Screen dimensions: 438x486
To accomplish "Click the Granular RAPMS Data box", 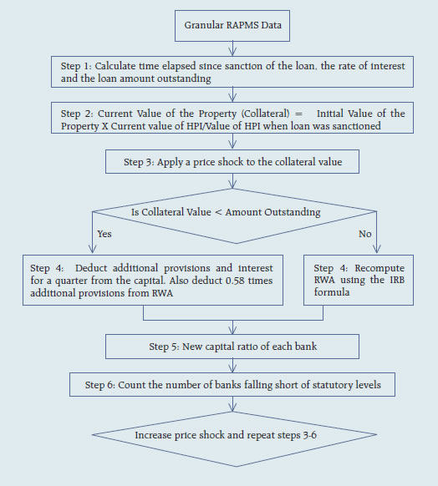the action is (x=232, y=26).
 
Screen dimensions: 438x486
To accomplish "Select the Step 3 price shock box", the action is (x=232, y=161).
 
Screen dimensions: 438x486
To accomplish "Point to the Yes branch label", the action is (x=104, y=234).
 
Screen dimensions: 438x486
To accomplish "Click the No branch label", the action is (x=364, y=234).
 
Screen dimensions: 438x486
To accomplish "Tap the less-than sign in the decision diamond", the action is (x=218, y=212).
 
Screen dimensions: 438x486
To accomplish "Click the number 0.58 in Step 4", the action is (x=236, y=281).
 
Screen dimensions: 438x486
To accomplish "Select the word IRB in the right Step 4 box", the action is (x=397, y=280).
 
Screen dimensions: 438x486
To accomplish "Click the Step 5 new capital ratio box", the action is (x=232, y=347).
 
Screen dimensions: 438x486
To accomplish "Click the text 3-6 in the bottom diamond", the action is (x=309, y=435).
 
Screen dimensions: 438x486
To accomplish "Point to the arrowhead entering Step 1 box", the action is (x=232, y=52).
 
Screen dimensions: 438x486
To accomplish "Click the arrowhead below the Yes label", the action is (x=93, y=249).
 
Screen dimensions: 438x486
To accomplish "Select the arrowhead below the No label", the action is (x=377, y=249).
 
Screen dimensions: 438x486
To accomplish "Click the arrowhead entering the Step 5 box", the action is (x=232, y=330).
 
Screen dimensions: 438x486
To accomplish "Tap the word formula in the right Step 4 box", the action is (x=332, y=292).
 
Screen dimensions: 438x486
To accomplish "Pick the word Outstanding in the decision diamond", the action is (x=293, y=213).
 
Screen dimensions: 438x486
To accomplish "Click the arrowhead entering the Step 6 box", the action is (x=232, y=368).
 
